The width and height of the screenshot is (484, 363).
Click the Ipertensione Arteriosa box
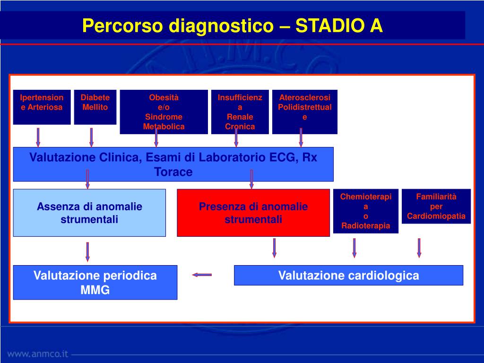tap(42, 107)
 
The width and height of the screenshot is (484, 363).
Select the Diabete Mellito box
tap(95, 107)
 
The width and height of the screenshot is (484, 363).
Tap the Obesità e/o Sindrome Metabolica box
tap(164, 112)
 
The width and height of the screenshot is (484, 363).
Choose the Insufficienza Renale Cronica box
tap(240, 112)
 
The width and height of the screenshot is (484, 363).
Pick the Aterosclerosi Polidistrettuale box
tap(305, 112)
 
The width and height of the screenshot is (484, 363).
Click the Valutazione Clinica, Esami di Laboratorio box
tap(173, 164)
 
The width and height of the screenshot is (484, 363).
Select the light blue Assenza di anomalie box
tap(89, 213)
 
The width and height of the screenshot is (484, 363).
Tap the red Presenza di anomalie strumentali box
tap(253, 213)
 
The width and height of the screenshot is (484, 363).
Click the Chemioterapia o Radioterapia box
tap(366, 211)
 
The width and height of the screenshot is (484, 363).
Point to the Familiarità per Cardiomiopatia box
tap(436, 207)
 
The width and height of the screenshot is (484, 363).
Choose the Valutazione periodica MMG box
tap(95, 282)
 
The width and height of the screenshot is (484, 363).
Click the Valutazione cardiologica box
tap(348, 275)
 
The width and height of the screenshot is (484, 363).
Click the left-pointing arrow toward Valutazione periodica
tap(202, 275)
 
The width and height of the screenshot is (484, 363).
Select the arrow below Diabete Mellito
tap(91, 137)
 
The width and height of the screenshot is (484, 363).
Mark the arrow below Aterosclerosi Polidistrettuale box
tap(301, 137)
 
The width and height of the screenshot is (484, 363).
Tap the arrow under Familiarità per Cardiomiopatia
tap(419, 248)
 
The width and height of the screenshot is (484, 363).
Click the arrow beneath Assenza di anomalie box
tap(87, 251)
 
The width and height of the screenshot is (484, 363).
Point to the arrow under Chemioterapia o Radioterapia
tap(354, 248)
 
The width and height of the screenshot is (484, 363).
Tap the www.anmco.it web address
tap(38, 354)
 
